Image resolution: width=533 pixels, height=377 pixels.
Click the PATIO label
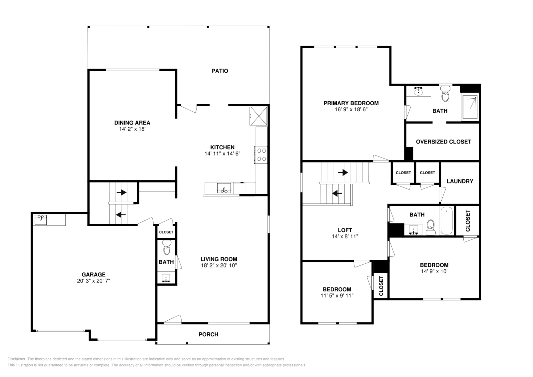click(220, 71)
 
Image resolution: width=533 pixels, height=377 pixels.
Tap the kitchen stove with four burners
click(261, 155)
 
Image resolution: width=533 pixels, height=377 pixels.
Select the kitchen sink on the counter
click(224, 188)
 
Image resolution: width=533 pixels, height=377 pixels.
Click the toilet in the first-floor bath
click(166, 248)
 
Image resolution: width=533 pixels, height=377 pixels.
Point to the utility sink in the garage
click(41, 220)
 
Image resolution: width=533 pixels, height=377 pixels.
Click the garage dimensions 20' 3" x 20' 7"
click(93, 281)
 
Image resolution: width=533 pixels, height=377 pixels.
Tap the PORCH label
click(208, 334)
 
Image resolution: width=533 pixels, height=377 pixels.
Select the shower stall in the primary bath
click(470, 107)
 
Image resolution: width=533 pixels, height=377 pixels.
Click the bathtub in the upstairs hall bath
click(446, 221)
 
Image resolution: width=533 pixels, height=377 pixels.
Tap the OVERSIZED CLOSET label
click(443, 142)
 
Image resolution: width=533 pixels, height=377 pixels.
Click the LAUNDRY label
click(460, 181)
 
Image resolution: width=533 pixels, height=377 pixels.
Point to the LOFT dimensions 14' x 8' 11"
click(345, 236)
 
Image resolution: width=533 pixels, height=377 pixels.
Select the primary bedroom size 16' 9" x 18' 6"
click(351, 109)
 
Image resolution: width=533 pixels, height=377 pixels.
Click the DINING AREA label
click(132, 123)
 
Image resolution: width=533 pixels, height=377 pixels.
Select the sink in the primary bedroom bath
click(418, 91)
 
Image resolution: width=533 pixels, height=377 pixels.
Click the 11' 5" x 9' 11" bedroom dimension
click(337, 295)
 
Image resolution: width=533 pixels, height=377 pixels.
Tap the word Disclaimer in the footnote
click(16, 359)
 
